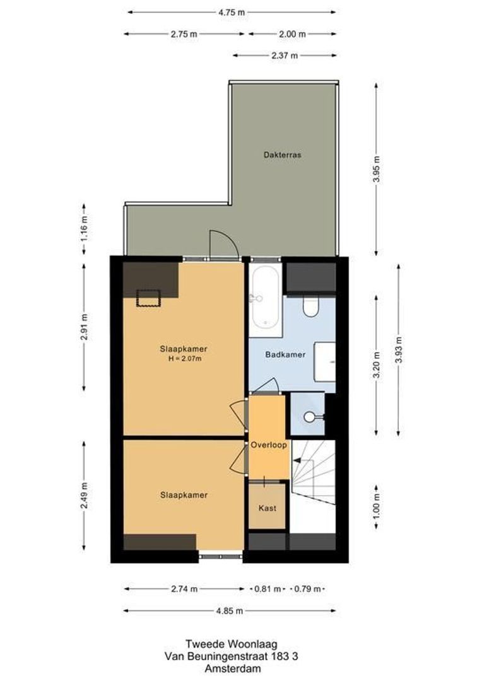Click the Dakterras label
pyautogui.click(x=282, y=154)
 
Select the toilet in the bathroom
pyautogui.click(x=310, y=306)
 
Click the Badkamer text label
pyautogui.click(x=285, y=354)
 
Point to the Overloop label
pyautogui.click(x=269, y=445)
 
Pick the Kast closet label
pyautogui.click(x=267, y=508)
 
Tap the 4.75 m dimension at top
pyautogui.click(x=232, y=11)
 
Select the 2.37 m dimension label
pyautogui.click(x=284, y=55)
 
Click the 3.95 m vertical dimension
pyautogui.click(x=377, y=169)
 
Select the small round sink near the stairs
pyautogui.click(x=310, y=417)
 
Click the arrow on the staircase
pyautogui.click(x=297, y=462)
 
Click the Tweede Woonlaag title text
pyautogui.click(x=231, y=644)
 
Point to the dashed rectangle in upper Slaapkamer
pyautogui.click(x=150, y=297)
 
